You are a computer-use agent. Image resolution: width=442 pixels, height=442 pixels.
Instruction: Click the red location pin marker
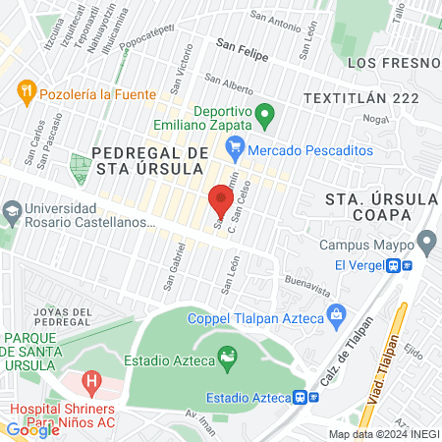pos(220,202)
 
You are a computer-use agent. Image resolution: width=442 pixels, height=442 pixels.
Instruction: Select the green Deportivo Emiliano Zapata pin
pos(263,117)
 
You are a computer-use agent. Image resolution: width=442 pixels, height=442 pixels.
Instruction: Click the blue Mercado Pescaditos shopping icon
pos(234,150)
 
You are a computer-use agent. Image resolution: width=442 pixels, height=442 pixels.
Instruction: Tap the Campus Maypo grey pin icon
pos(426,241)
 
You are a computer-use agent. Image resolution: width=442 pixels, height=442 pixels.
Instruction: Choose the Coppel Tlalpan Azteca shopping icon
pos(336,316)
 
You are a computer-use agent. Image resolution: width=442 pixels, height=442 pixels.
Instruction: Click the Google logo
pos(32,429)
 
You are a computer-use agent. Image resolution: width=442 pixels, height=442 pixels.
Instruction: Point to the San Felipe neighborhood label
pos(242,45)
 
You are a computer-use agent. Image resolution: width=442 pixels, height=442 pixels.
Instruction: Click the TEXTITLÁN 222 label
pos(361,98)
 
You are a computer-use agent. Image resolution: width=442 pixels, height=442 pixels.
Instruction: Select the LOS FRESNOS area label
pos(398,63)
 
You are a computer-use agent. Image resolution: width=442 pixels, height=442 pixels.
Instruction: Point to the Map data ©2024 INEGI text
pos(383,434)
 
